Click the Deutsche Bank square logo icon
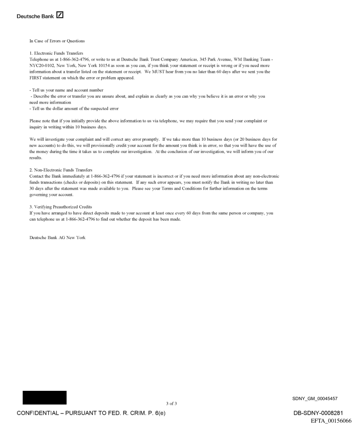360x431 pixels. point(60,16)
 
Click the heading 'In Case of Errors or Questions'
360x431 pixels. point(57,41)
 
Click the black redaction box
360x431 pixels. point(45,397)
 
